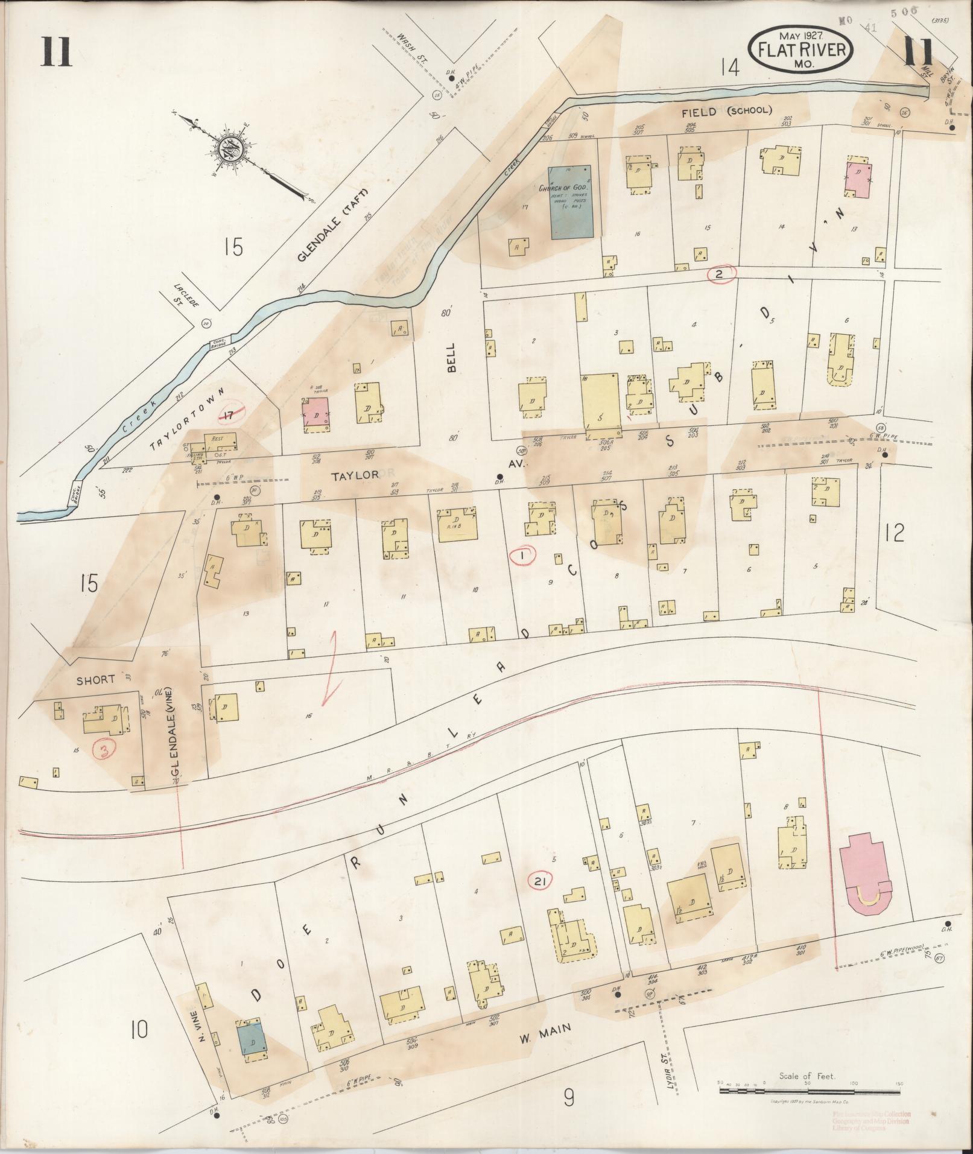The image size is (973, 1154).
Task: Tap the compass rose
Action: tap(232, 147)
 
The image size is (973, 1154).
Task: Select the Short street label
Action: tap(95, 679)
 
